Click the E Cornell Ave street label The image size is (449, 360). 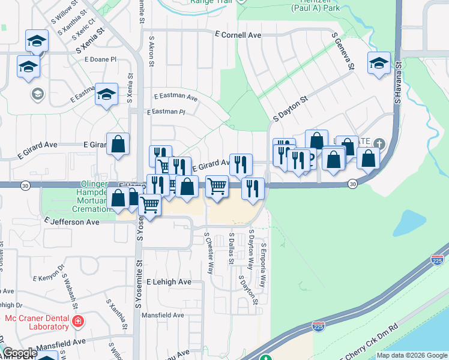241,35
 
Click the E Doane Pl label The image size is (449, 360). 100,60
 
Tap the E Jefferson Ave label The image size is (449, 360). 71,221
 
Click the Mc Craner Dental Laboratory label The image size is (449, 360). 37,322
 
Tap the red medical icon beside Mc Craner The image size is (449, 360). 77,322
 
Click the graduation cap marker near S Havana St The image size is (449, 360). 379,64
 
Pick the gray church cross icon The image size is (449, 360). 379,143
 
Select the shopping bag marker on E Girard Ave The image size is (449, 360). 118,144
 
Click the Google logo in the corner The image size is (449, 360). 20,353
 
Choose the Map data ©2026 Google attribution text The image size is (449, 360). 411,355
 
